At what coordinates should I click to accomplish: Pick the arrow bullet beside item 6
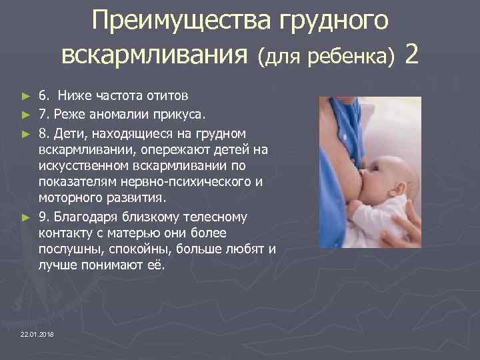point(26,94)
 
